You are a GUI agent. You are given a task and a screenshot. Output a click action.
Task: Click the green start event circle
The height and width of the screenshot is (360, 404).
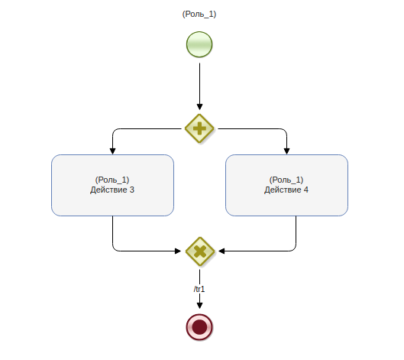tap(199, 44)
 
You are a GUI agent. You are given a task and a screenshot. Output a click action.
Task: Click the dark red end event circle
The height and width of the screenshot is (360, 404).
tap(199, 327)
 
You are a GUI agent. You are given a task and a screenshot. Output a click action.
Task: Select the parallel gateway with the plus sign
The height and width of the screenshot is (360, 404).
tap(199, 128)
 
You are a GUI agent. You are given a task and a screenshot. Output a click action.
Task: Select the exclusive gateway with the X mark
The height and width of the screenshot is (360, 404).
tap(200, 251)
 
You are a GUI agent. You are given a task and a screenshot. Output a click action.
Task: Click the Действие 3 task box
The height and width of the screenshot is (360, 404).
tap(112, 185)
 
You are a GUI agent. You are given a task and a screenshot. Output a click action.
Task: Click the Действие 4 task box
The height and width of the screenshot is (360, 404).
tap(286, 185)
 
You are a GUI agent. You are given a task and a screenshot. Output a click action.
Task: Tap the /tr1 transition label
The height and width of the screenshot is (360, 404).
tap(199, 290)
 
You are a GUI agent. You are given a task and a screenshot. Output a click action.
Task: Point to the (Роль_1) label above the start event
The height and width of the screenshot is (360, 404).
tap(199, 14)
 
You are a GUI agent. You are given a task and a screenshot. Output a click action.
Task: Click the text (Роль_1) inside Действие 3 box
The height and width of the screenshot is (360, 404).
tap(112, 180)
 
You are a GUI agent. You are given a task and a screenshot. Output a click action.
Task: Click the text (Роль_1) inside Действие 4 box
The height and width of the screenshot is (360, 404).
tap(286, 180)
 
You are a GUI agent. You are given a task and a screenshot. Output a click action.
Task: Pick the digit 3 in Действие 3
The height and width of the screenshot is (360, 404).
tap(131, 190)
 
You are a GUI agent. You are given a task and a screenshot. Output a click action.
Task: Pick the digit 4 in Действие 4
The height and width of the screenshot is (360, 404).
tap(305, 190)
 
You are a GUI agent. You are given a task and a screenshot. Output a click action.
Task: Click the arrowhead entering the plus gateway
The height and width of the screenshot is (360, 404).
tap(199, 107)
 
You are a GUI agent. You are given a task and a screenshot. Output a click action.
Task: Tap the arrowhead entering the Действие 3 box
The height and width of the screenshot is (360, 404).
tap(112, 151)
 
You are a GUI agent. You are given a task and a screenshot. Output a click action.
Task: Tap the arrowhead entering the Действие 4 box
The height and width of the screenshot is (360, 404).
tap(286, 151)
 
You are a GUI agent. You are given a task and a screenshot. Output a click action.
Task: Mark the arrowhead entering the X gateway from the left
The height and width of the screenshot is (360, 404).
tap(178, 251)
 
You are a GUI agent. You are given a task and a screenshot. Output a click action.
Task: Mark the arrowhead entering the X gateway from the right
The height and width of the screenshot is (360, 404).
tap(221, 251)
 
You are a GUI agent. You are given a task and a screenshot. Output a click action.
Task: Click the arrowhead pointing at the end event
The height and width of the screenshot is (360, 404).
tap(199, 306)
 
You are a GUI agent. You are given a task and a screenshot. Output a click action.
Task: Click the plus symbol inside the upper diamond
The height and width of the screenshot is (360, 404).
tap(199, 128)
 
